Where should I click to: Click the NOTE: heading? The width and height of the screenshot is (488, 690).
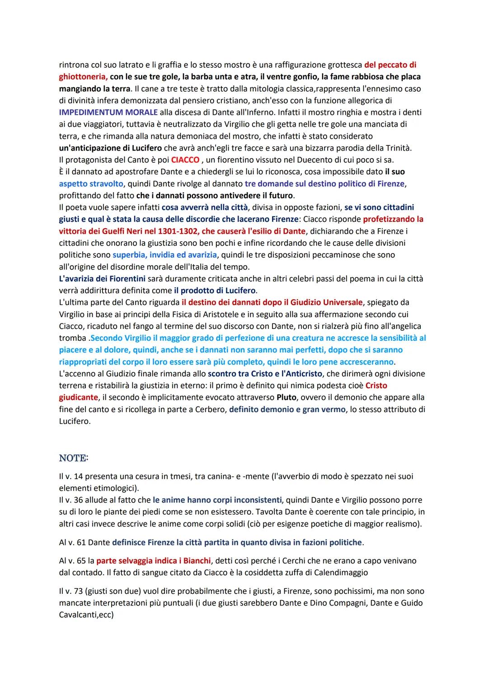point(74,458)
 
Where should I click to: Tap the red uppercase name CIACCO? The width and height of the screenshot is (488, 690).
point(185,160)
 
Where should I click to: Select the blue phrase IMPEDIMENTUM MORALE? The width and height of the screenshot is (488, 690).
point(108,112)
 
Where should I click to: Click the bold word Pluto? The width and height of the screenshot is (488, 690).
point(286,397)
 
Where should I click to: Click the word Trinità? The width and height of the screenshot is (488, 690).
point(396,148)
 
